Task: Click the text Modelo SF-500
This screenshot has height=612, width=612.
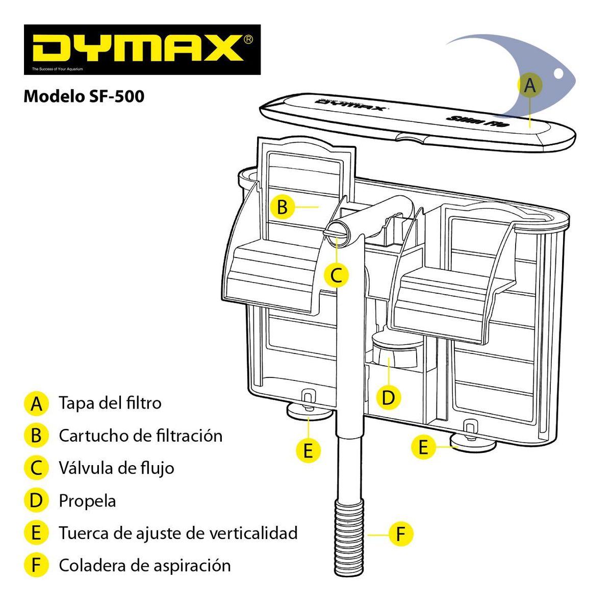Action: click(x=84, y=96)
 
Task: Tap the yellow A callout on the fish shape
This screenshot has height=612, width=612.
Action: click(x=530, y=85)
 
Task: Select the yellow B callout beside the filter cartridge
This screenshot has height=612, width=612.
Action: click(x=282, y=207)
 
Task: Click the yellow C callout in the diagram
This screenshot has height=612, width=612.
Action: click(x=336, y=275)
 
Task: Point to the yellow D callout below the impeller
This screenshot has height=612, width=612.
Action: click(x=389, y=397)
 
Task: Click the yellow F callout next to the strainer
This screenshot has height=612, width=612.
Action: click(x=400, y=534)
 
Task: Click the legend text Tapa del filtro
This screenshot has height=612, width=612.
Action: click(x=110, y=403)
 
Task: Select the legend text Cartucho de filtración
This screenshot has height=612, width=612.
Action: click(x=140, y=436)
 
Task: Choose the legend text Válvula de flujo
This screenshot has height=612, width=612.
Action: click(x=116, y=468)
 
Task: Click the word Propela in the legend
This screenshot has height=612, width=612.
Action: click(x=87, y=500)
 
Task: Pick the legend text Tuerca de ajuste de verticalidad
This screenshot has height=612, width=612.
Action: click(x=178, y=533)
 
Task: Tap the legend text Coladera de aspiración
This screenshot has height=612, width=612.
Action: click(x=144, y=565)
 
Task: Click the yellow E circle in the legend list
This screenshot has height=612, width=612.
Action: click(x=36, y=533)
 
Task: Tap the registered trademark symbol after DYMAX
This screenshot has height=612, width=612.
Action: click(x=248, y=39)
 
